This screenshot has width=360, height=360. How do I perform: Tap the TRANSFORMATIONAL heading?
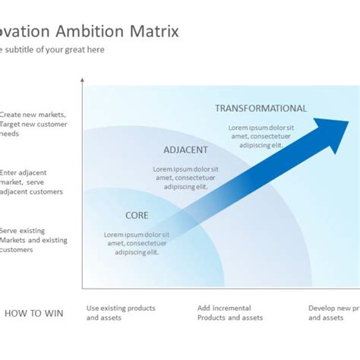tap(261, 109)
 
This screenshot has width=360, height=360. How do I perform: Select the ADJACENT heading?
tap(185, 150)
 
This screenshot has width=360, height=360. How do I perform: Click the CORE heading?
tap(137, 216)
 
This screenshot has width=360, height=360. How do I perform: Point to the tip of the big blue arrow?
tap(349, 120)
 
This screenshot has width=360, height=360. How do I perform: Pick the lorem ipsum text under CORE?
tap(137, 243)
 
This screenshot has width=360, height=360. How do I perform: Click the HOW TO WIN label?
tap(33, 313)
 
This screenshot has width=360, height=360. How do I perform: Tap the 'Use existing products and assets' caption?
tap(121, 313)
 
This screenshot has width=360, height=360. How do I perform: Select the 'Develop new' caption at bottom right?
tap(333, 313)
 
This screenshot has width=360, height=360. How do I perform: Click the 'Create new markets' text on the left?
tap(33, 124)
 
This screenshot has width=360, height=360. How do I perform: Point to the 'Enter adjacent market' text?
tap(31, 182)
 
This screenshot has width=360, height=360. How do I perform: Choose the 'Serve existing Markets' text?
tap(33, 240)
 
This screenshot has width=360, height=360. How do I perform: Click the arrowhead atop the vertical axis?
tap(82, 80)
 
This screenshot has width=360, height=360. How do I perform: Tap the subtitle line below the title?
tap(52, 50)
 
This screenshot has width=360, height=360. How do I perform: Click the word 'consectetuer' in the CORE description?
tap(147, 243)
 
